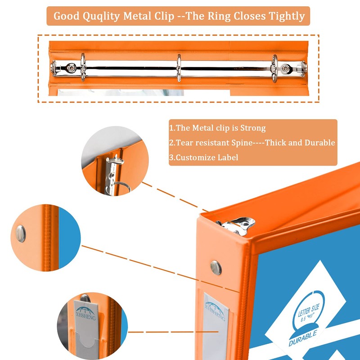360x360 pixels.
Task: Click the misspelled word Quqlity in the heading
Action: click(102, 16)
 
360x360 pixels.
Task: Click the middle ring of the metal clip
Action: click(179, 68)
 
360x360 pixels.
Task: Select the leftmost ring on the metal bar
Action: click(83, 67)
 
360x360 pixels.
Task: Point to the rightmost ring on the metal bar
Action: click(274, 68)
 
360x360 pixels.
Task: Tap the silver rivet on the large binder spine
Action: click(216, 267)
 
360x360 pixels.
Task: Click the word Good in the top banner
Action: click(67, 16)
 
